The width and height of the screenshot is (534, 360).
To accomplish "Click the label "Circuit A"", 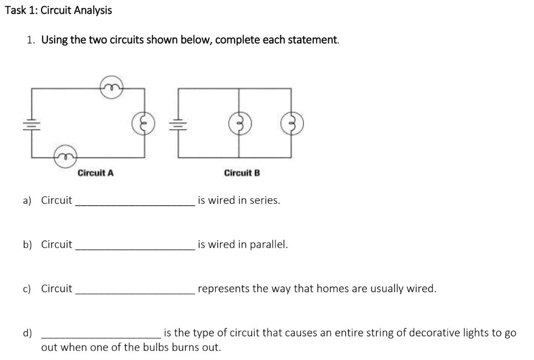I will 95,173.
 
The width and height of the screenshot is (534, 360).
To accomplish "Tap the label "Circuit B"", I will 242,173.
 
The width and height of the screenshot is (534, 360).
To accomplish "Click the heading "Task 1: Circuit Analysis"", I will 58,10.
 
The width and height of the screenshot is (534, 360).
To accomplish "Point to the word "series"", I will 263,200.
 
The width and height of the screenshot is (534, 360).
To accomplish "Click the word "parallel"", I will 269,245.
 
